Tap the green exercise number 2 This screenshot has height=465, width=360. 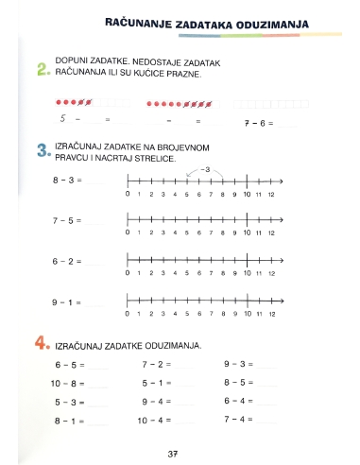(x=42, y=69)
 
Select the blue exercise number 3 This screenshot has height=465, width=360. (x=42, y=152)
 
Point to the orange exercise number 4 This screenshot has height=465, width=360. (x=42, y=344)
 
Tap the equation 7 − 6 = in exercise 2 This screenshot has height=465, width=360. (x=258, y=122)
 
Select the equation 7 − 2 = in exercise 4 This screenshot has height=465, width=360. (x=156, y=364)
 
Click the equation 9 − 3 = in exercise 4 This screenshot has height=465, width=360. (x=238, y=364)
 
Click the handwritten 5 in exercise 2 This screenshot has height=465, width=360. (x=62, y=119)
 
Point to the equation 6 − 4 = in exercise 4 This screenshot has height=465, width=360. (x=238, y=401)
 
